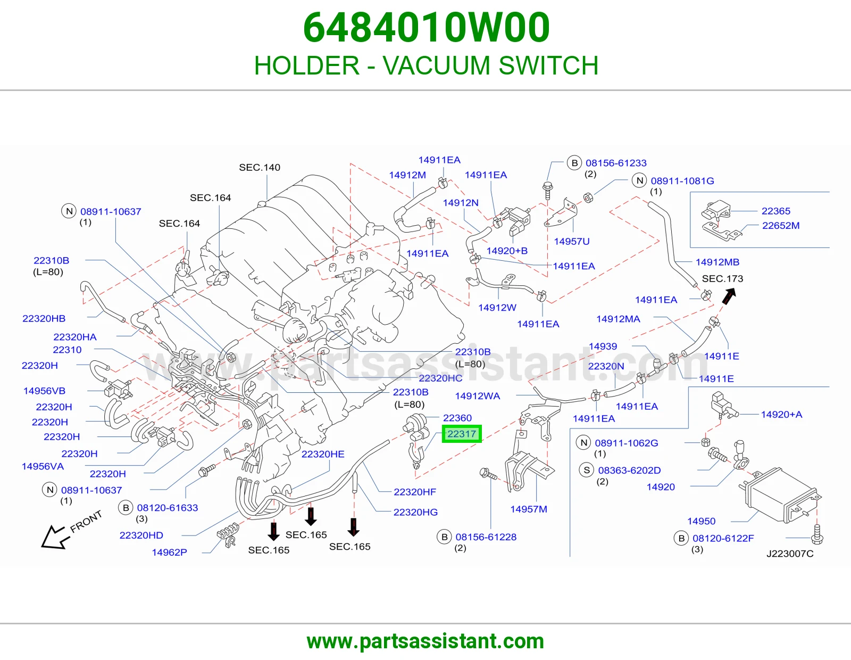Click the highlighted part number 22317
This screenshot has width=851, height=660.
point(462,434)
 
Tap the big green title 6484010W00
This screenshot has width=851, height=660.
point(427,28)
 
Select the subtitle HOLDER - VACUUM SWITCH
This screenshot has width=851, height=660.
point(426,65)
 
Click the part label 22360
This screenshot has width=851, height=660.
point(457,418)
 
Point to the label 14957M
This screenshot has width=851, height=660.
point(529,509)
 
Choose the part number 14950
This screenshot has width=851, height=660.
point(701,521)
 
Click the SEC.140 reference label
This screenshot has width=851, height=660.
point(260,167)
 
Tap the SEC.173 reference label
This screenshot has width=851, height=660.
point(722,279)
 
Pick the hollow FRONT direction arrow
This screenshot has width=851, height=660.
point(54,537)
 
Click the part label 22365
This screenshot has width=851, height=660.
point(776,211)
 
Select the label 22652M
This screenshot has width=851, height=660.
point(780,225)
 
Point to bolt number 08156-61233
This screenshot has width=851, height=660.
point(616,163)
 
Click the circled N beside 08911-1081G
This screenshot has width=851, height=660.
point(640,180)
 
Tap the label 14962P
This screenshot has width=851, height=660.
point(169,552)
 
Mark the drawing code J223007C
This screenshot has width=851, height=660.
point(790,554)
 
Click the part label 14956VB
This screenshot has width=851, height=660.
point(44,391)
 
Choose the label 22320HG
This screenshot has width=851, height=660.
point(415,512)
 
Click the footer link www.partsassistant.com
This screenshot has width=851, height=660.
point(425,641)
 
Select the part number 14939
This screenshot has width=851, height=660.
point(603,346)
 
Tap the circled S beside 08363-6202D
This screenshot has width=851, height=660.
point(587,471)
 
